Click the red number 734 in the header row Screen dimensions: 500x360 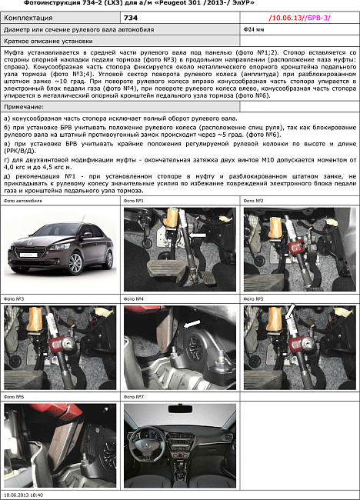tap(131, 17)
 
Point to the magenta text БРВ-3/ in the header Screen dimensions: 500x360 tap(318, 17)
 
